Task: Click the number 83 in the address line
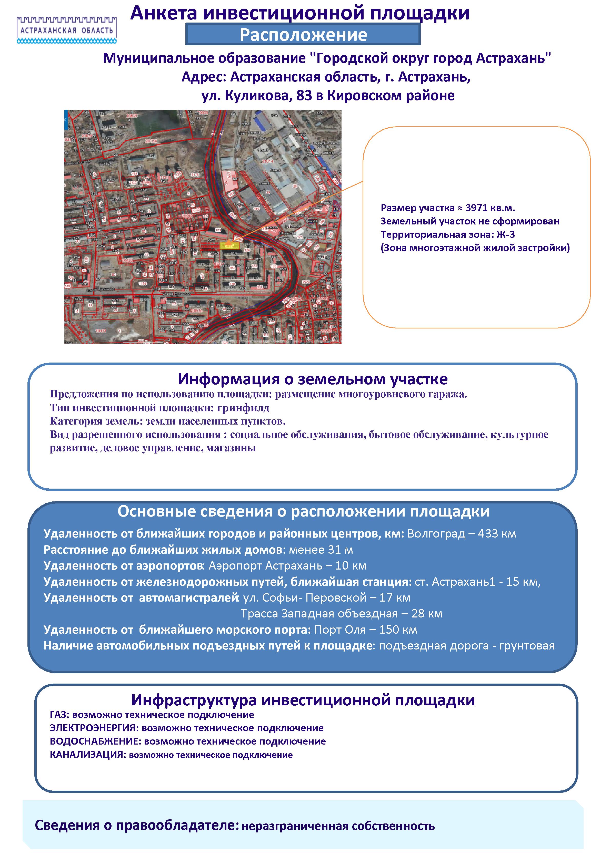click(x=304, y=96)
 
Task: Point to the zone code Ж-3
click(x=505, y=235)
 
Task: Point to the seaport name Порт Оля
click(x=339, y=630)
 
